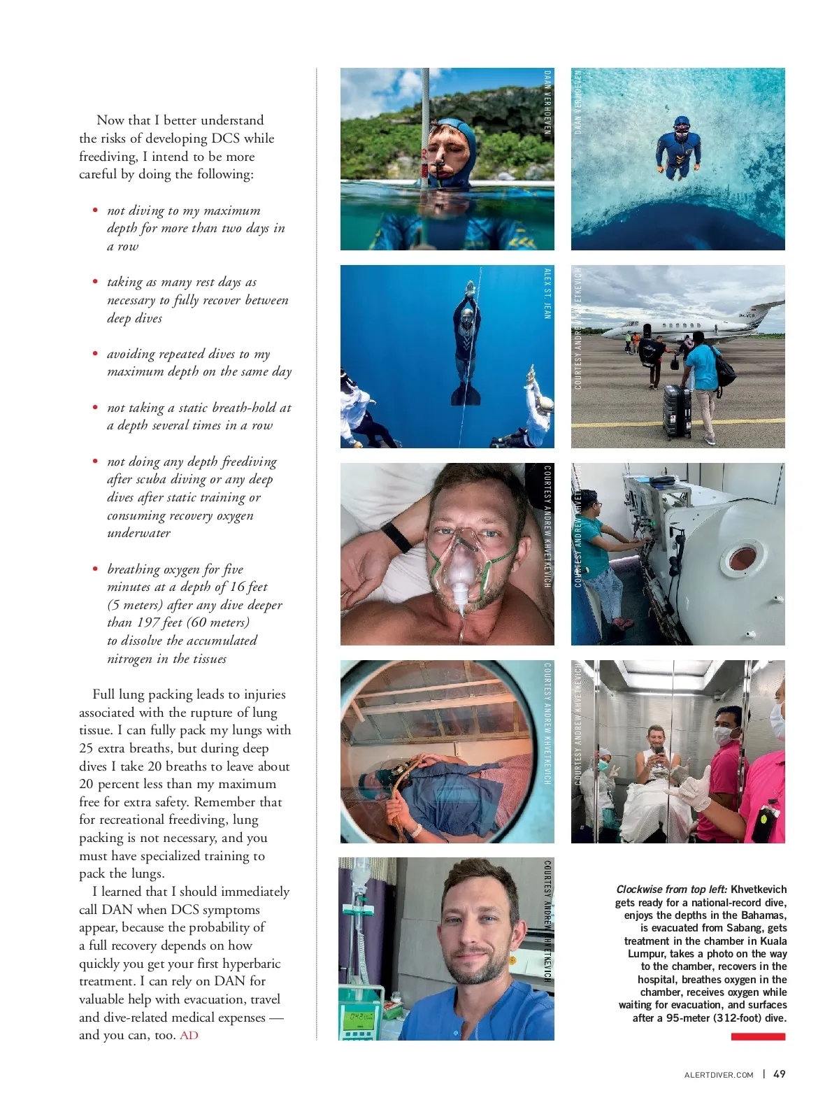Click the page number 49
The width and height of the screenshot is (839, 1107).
(x=779, y=1074)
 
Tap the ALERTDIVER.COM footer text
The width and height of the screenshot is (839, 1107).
(x=718, y=1075)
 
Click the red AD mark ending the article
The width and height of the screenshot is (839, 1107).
(x=189, y=1035)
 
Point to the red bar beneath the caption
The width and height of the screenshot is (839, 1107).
(x=758, y=1036)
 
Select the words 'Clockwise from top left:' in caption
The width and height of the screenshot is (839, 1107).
(x=671, y=890)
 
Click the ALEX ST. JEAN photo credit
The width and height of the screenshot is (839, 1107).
(x=547, y=294)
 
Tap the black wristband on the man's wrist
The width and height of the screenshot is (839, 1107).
(x=396, y=536)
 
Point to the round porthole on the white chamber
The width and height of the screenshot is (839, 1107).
(x=742, y=557)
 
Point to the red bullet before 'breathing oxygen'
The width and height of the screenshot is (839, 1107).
(x=95, y=569)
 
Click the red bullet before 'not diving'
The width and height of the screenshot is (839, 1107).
(x=95, y=210)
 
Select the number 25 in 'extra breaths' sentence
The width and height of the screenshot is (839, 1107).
(x=86, y=748)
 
